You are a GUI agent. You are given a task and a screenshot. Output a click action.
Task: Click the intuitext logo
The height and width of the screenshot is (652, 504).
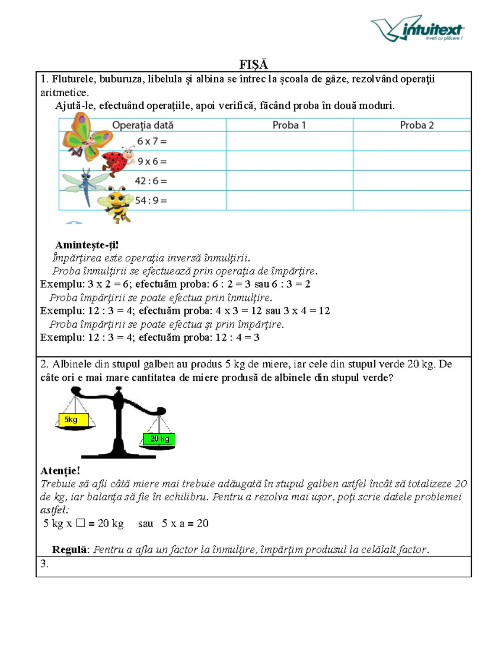point(417,29)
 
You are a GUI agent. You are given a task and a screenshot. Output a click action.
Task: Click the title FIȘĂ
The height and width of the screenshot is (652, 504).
point(253,64)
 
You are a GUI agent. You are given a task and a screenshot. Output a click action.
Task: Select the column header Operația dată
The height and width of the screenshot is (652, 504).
point(142,125)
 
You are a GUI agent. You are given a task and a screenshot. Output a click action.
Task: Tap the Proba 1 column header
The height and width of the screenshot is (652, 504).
point(289,125)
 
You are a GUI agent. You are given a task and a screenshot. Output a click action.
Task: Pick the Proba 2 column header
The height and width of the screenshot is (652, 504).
point(416,125)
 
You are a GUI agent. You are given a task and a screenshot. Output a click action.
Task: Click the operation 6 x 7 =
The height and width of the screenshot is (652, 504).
point(152,141)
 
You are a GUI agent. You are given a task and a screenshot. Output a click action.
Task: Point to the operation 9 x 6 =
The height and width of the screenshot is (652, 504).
point(152,161)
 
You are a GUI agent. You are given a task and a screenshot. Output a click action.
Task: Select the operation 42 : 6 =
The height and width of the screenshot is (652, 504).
point(151,181)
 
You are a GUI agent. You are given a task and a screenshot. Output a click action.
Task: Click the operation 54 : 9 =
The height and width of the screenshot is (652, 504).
point(151,201)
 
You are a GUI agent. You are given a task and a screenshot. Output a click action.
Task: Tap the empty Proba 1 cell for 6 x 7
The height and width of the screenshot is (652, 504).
point(289,141)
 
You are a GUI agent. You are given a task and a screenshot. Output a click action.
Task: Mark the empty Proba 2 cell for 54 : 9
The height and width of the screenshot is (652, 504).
point(412,201)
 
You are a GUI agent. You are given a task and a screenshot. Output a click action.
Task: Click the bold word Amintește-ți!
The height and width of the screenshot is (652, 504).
point(87,245)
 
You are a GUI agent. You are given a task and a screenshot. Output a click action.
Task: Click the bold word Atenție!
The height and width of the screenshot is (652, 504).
point(60,471)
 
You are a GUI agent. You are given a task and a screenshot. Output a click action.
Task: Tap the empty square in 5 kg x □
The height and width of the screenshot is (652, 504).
point(81,523)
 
